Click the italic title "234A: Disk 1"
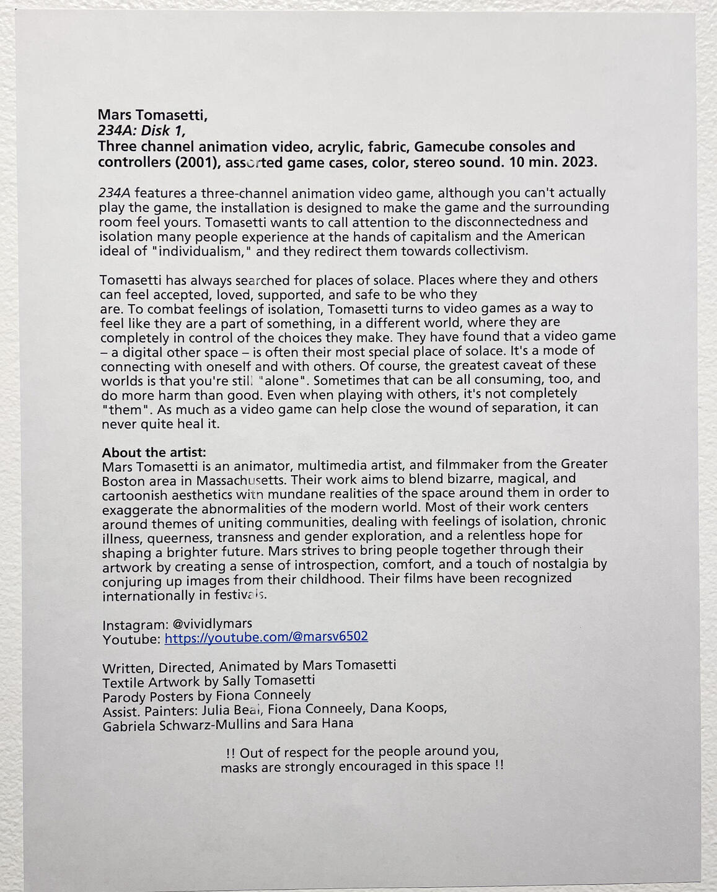[141, 131]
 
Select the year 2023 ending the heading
[578, 162]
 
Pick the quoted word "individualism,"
[201, 251]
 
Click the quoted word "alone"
[282, 380]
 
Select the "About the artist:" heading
[154, 452]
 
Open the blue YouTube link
[266, 637]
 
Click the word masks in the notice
[239, 767]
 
